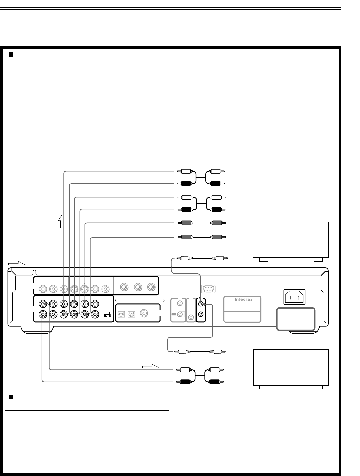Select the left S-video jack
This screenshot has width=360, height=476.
tap(74, 288)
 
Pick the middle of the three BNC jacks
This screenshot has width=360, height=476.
tap(138, 287)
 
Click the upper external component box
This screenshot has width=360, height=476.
tap(291, 240)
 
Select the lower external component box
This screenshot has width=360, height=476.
tap(291, 368)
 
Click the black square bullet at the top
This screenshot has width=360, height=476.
tap(11, 55)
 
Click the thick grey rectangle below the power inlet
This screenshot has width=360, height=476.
tap(296, 319)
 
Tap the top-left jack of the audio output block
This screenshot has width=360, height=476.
tap(43, 304)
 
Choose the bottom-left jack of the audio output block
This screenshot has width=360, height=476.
tap(43, 314)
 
